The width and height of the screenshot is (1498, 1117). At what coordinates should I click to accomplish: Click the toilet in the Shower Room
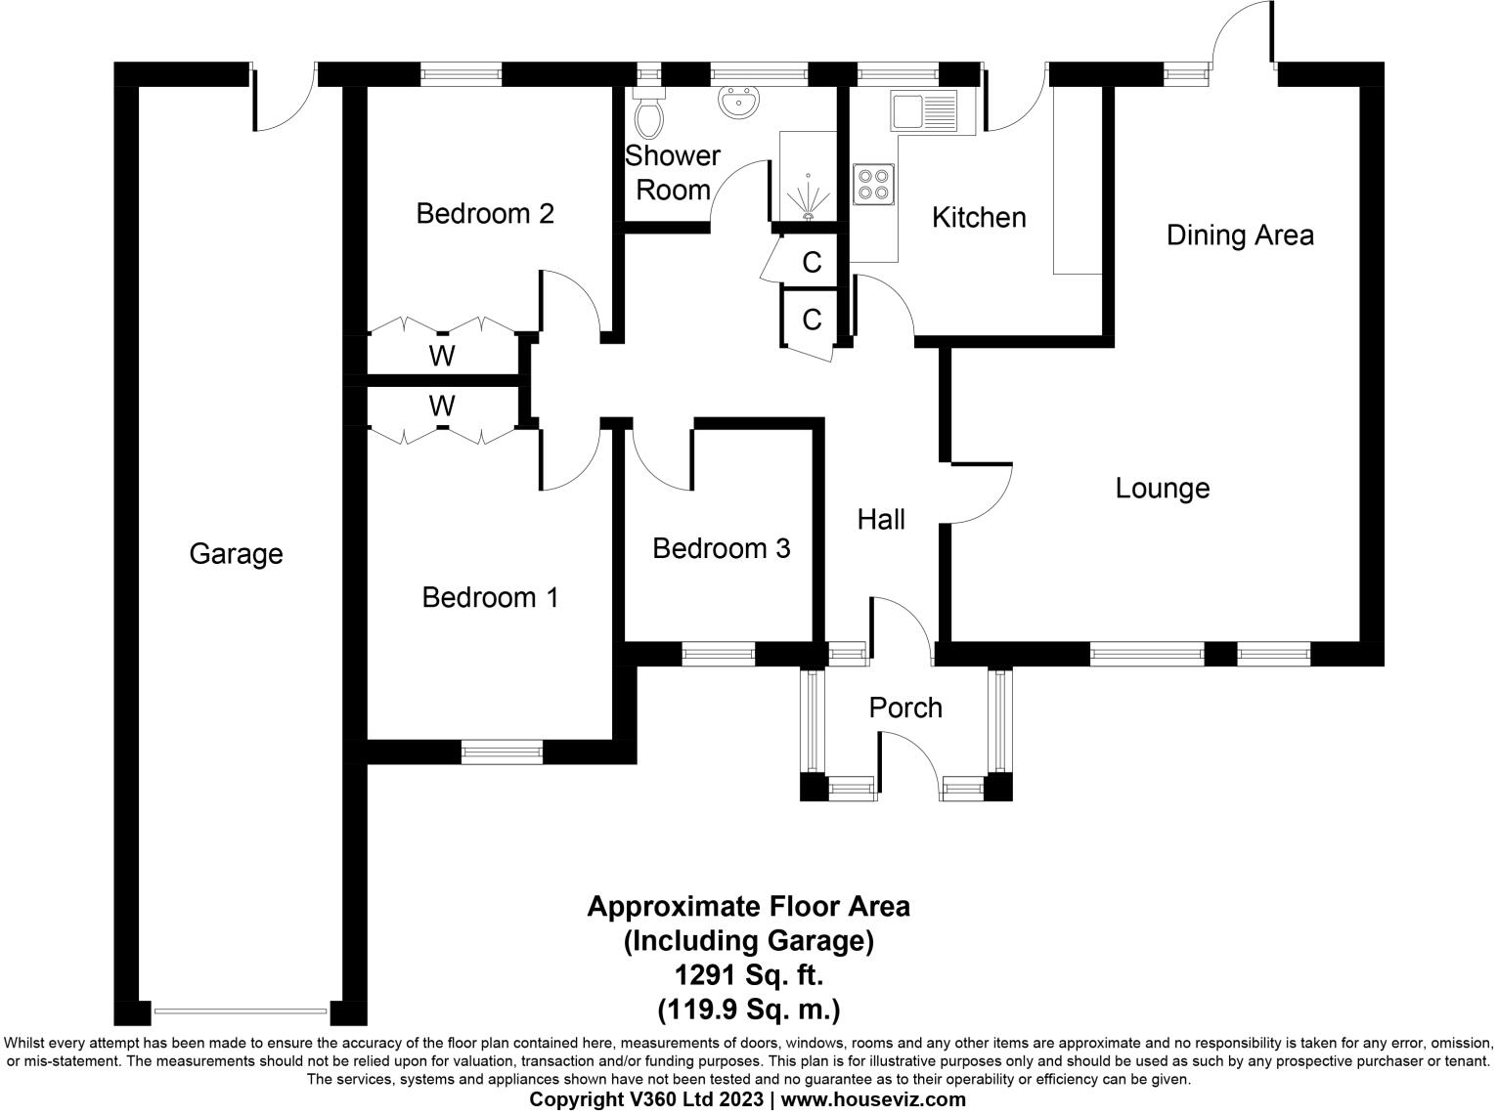click(x=648, y=116)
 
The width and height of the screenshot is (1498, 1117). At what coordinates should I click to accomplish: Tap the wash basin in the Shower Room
click(x=739, y=102)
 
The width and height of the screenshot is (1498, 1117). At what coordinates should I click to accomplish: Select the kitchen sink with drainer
click(x=923, y=111)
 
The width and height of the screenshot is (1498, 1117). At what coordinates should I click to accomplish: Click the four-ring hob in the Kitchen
click(x=874, y=185)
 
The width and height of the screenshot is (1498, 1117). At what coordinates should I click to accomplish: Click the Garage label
click(x=236, y=554)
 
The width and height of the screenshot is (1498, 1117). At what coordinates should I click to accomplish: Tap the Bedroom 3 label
click(x=721, y=548)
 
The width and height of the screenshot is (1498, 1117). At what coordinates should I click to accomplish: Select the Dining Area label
click(x=1239, y=236)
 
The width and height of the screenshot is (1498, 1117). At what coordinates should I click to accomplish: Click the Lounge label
click(x=1162, y=489)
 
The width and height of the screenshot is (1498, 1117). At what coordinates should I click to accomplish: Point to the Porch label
click(x=905, y=708)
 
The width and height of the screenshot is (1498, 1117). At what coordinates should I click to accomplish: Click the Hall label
click(x=881, y=520)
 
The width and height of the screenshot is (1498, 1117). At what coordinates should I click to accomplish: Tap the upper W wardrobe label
click(x=442, y=357)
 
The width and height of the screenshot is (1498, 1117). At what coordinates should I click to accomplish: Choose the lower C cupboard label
click(x=812, y=320)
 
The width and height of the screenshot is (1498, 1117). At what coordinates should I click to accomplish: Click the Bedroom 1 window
click(x=502, y=752)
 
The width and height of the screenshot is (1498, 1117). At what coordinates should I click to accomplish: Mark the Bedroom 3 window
click(x=719, y=654)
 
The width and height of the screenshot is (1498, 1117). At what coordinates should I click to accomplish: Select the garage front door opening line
click(x=241, y=1011)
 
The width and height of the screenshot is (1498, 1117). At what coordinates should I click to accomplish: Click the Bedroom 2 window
click(x=461, y=74)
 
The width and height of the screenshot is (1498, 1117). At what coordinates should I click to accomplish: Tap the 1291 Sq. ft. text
click(x=748, y=974)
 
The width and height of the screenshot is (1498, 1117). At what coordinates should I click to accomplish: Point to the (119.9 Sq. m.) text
click(x=748, y=1008)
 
